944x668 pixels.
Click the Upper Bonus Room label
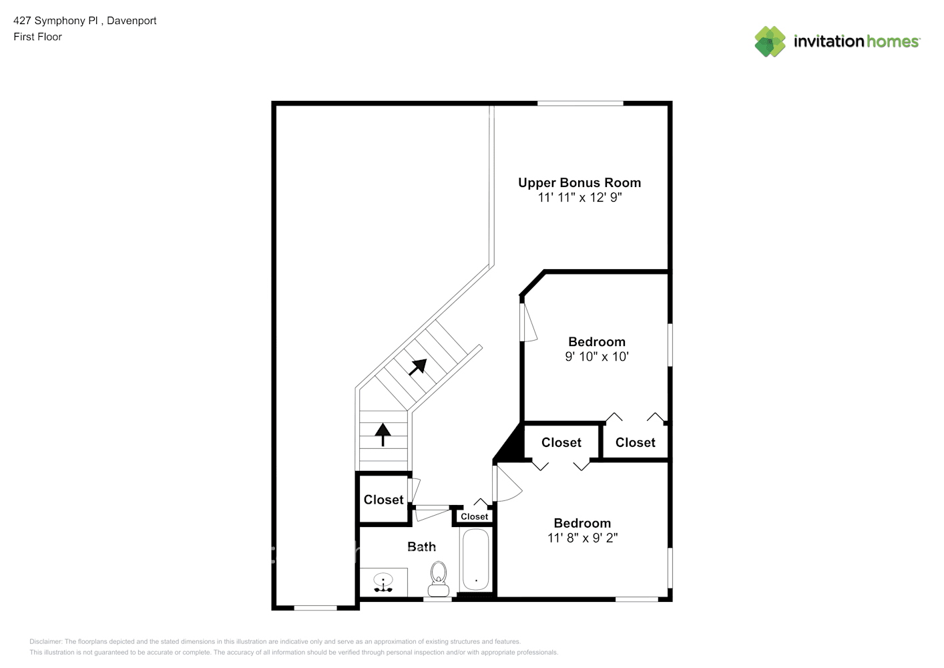[579, 182]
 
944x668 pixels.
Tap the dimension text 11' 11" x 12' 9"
[579, 197]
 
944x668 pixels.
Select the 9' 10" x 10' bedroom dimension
[597, 356]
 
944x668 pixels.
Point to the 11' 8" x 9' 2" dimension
[582, 538]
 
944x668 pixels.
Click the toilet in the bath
[438, 578]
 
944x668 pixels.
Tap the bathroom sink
[383, 582]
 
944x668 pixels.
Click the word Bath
[421, 546]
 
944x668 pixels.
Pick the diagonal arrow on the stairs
[418, 367]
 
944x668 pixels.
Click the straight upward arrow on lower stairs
[383, 435]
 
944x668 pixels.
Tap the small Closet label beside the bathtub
[474, 516]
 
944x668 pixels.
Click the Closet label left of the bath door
[383, 500]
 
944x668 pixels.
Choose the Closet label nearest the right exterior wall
[635, 442]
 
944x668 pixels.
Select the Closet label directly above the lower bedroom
[561, 442]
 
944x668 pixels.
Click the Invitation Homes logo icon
[770, 41]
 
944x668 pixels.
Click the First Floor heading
[37, 37]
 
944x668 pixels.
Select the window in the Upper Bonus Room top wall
[580, 104]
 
